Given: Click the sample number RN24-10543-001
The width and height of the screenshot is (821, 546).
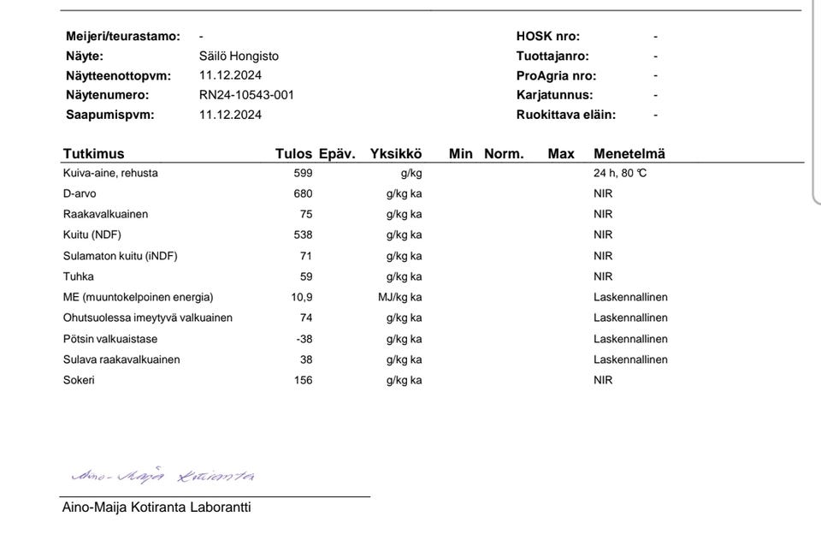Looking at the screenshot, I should (x=246, y=95).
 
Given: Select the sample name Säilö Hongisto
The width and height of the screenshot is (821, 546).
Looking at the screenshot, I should (x=239, y=56).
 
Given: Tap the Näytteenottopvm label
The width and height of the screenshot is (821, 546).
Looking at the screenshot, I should (x=118, y=75).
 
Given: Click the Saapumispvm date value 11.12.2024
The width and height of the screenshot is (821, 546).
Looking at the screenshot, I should (x=230, y=115).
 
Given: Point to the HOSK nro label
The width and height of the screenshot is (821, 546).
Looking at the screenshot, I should (x=547, y=36).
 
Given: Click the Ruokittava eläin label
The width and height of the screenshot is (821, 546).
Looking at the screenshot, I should (x=565, y=115).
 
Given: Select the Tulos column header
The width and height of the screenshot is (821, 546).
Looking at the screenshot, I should (x=293, y=154).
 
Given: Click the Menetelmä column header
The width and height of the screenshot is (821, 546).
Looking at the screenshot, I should (x=629, y=154).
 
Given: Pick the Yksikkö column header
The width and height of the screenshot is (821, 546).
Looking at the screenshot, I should (x=396, y=154).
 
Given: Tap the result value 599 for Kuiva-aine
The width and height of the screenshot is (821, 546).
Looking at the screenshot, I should (x=303, y=173).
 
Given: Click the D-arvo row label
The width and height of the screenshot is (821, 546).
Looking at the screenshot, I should (x=80, y=193).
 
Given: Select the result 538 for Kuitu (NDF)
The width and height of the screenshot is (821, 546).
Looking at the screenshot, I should (x=303, y=234).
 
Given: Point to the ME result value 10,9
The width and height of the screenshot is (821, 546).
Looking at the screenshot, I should (x=301, y=297).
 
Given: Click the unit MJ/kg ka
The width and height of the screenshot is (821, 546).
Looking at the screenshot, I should (x=399, y=297).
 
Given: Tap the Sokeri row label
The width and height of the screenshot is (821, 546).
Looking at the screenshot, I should (x=79, y=380).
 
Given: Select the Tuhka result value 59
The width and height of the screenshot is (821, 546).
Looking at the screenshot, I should (x=306, y=276).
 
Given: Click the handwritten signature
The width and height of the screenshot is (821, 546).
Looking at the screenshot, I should (x=162, y=476).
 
